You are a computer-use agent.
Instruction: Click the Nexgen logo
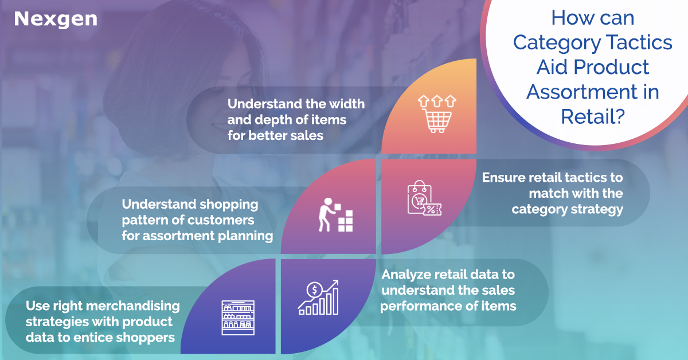point(56,19)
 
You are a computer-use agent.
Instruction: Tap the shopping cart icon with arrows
point(437,114)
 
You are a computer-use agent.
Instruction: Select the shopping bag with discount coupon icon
point(424,198)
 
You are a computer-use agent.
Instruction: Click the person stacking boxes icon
point(335,215)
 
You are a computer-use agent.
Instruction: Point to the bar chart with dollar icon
point(318,298)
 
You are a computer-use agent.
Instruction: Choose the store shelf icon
point(238,318)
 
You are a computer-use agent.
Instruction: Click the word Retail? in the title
point(593,116)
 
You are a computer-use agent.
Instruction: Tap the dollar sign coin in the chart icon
point(314,289)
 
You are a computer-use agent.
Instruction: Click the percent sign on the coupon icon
point(431,209)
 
